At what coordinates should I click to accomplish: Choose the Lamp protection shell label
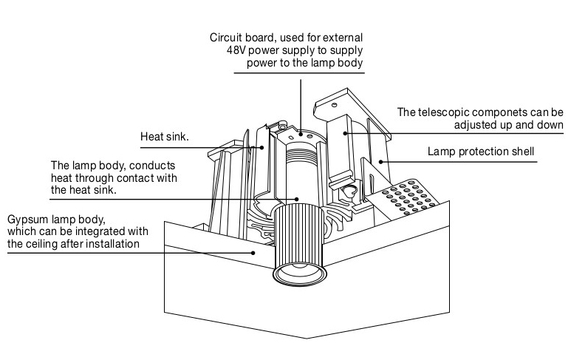coord(480,153)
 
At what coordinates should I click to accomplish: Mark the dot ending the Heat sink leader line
coord(261,147)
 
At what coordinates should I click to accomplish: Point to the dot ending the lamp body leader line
coord(296,199)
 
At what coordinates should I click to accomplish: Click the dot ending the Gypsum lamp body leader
coord(255,251)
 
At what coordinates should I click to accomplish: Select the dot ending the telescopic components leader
coord(346,133)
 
